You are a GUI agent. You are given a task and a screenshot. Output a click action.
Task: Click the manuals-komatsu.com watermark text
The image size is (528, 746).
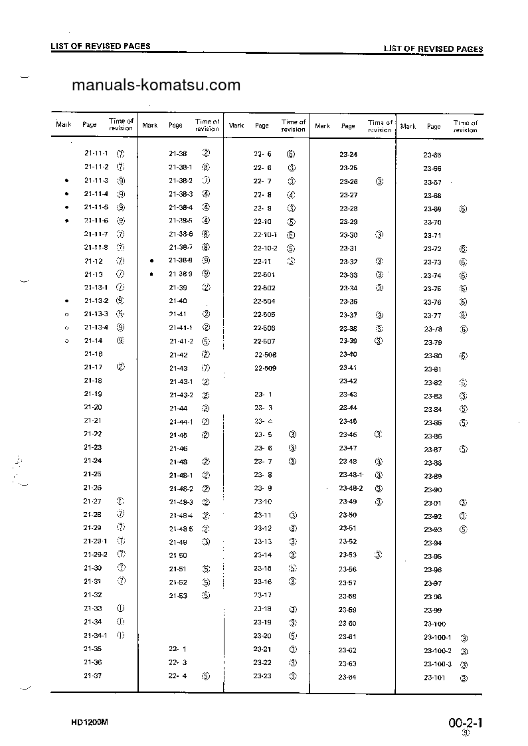coord(155,86)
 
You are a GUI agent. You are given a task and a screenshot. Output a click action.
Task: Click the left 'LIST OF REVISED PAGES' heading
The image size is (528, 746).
coord(100,46)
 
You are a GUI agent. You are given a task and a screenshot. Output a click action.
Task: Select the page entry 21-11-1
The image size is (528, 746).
coord(96,153)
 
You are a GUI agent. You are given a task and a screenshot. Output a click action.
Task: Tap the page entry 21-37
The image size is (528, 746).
coord(92,676)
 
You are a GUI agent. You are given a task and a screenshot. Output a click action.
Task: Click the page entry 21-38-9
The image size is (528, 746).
coord(180,274)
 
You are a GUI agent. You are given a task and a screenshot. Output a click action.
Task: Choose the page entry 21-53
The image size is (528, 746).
coord(177,595)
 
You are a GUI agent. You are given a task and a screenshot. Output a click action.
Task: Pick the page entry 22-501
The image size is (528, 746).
coord(264,274)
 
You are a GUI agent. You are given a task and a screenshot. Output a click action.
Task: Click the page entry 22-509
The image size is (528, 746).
coord(265,367)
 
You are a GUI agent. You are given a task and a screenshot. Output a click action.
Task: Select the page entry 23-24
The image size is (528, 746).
coord(348,154)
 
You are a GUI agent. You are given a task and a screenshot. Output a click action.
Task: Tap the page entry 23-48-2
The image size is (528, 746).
coord(351,488)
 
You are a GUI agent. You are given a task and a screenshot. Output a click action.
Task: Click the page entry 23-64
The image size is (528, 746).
coord(347,677)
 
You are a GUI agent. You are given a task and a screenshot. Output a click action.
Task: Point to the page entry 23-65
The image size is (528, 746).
coord(432,155)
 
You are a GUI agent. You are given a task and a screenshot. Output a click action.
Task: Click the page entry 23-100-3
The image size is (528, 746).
coord(438,664)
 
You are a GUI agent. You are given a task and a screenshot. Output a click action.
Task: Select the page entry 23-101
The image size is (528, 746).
coord(434,678)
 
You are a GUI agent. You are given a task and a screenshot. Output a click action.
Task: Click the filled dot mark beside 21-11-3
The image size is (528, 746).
coord(66,181)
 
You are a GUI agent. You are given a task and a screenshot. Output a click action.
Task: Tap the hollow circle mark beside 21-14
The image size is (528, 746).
coord(66,341)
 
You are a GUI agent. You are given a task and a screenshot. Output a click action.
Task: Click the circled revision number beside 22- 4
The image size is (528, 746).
coord(207,676)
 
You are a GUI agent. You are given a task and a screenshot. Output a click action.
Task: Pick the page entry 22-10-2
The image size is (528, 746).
coord(265,248)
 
